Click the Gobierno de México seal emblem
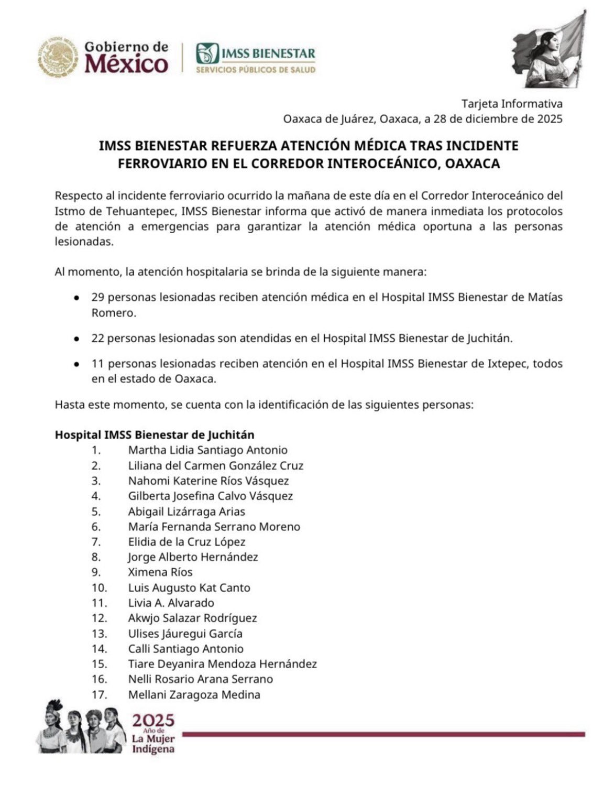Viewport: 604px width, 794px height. (x=58, y=57)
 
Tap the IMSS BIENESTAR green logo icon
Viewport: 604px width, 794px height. (x=206, y=53)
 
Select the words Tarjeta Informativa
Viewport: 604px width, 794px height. (x=512, y=103)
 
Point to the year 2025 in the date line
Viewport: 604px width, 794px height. (x=550, y=118)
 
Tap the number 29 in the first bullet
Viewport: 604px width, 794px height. (x=97, y=297)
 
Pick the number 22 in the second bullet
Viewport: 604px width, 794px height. (x=97, y=339)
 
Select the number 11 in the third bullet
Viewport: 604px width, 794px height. (x=97, y=363)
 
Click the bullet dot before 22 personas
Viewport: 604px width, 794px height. (x=77, y=339)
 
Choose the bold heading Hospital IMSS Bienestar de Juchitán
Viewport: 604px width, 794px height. (x=155, y=434)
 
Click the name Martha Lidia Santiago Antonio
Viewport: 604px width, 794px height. (x=207, y=450)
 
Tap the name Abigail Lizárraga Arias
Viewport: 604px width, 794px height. (x=186, y=512)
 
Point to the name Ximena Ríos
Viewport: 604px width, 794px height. (x=160, y=572)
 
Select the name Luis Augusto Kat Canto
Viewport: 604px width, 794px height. (x=189, y=588)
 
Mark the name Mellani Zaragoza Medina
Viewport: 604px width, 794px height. (x=194, y=695)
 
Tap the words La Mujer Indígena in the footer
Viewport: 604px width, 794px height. (x=153, y=744)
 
